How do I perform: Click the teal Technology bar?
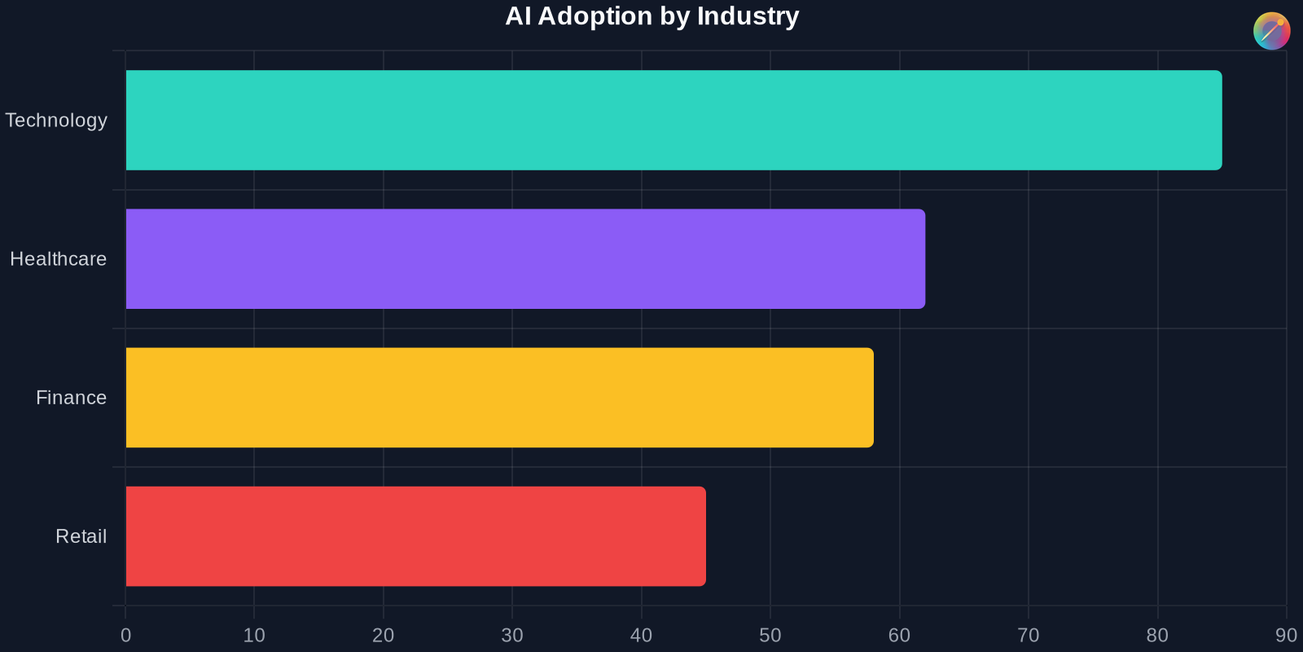point(673,120)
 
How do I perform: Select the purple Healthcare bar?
point(525,258)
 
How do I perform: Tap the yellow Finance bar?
point(499,398)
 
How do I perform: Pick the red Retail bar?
point(415,536)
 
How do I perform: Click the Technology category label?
point(56,120)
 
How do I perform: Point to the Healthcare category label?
point(58,259)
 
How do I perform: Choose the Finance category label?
point(71,398)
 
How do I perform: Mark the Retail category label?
point(81,536)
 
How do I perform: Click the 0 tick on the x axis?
point(125,636)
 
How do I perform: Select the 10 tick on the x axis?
point(254,636)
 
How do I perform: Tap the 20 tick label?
point(383,636)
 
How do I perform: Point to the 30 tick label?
point(512,636)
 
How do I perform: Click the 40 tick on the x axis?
point(641,636)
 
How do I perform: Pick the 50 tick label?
point(770,636)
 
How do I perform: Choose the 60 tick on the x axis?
point(899,636)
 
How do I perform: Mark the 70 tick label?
point(1029,636)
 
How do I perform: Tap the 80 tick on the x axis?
point(1157,636)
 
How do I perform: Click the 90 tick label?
point(1286,636)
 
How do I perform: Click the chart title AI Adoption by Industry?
point(651,16)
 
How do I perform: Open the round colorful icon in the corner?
point(1271,31)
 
